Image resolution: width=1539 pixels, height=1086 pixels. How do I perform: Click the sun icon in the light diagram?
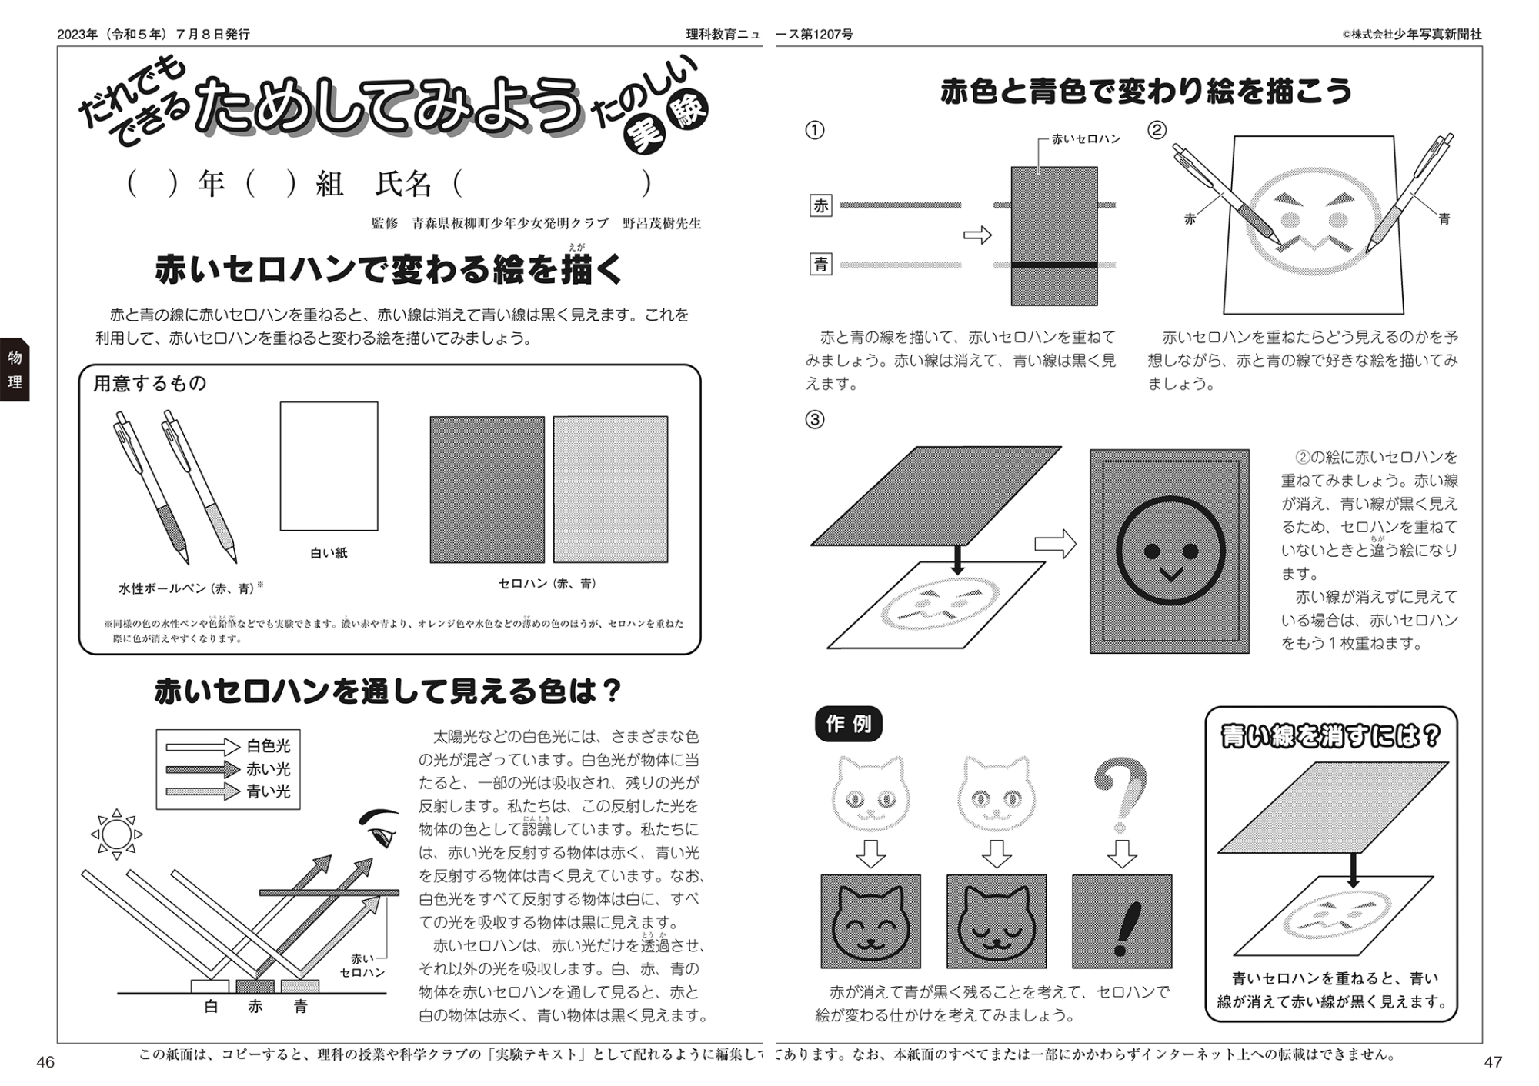click(116, 834)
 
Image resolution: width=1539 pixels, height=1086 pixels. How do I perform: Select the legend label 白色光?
click(269, 746)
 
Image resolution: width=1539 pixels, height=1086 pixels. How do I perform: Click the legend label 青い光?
click(269, 791)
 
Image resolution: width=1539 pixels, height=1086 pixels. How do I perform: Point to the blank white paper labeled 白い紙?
click(329, 466)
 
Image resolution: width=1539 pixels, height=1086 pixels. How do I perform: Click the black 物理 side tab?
click(15, 369)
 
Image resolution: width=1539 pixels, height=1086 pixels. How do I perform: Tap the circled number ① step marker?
click(814, 130)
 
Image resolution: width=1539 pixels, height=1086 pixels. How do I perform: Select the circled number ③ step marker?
click(814, 419)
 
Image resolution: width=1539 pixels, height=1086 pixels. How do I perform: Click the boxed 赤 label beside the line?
click(821, 205)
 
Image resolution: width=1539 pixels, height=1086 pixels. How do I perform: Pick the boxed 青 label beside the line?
click(821, 265)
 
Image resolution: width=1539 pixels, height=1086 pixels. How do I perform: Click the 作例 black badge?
click(848, 724)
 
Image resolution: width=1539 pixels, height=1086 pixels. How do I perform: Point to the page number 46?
click(45, 1062)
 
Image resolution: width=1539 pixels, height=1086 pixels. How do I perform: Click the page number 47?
click(1492, 1062)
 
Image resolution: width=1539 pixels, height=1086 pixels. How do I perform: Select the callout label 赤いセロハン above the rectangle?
click(1086, 139)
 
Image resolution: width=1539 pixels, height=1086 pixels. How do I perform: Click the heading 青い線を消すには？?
click(1330, 736)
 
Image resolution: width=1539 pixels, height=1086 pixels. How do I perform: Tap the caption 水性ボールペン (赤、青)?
click(187, 588)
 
